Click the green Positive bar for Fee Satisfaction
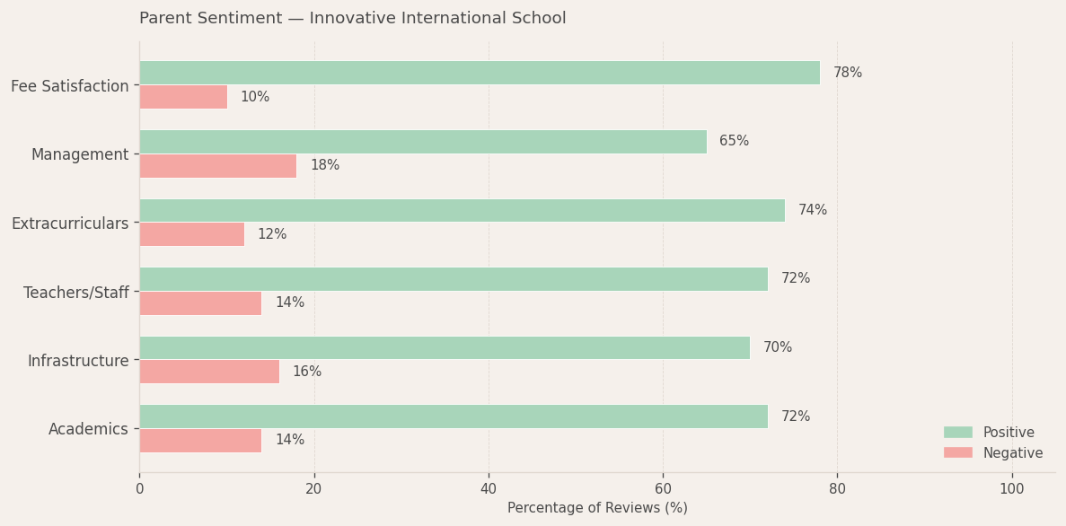click(479, 73)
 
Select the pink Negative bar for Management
click(217, 166)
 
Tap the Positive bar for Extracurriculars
click(462, 210)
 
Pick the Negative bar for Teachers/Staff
click(200, 303)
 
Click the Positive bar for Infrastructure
click(445, 347)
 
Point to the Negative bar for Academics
click(200, 441)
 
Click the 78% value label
click(847, 73)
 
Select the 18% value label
click(324, 166)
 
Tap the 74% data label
click(812, 210)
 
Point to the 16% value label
click(306, 372)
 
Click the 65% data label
click(734, 142)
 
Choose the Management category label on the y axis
click(80, 154)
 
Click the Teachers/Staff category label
click(76, 293)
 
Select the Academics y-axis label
click(88, 429)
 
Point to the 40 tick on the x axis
click(489, 489)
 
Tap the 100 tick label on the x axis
click(1011, 489)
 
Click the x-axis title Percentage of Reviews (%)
click(597, 508)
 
